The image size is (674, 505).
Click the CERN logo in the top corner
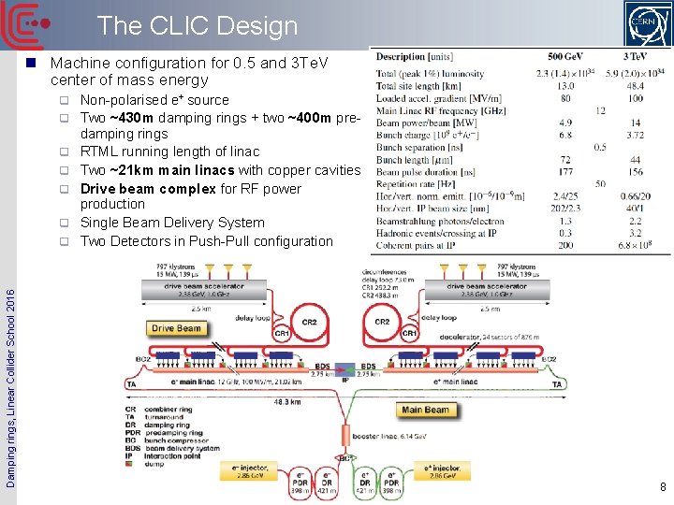(x=646, y=25)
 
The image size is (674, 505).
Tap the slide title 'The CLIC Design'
(x=197, y=26)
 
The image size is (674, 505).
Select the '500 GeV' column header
(x=568, y=57)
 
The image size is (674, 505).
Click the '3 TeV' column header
(x=637, y=57)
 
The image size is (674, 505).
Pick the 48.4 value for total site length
(x=637, y=86)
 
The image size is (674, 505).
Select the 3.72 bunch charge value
(x=637, y=136)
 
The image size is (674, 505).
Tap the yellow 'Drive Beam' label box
(x=176, y=328)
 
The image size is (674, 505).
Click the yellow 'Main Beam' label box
(x=425, y=410)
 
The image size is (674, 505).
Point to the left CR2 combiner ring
(x=309, y=324)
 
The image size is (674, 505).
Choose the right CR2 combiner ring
(x=382, y=324)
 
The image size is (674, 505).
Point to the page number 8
(x=661, y=486)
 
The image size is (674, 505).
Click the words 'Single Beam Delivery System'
(x=172, y=223)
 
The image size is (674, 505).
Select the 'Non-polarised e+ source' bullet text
(x=154, y=100)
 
